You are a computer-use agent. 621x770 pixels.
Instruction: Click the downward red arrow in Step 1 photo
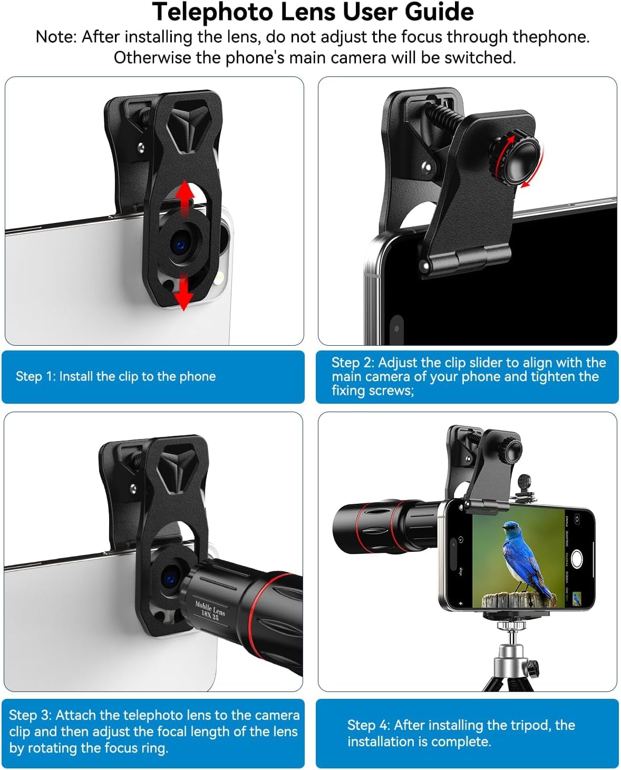[183, 292]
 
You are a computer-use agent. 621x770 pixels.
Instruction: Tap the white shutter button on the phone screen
[576, 559]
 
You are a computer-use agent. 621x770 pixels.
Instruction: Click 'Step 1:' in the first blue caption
[35, 376]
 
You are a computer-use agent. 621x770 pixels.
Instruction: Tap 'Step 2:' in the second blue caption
[353, 363]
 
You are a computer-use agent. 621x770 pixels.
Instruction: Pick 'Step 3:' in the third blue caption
[30, 715]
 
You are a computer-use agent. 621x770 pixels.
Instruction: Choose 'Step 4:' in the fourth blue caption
[368, 725]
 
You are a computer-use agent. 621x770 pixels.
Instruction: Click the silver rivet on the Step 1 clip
[141, 148]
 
